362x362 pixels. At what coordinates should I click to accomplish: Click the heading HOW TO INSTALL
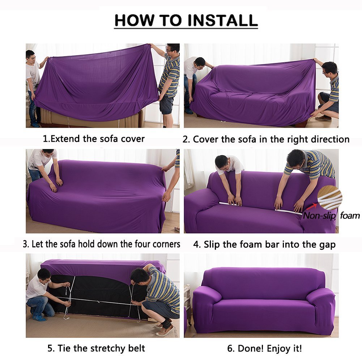(186, 21)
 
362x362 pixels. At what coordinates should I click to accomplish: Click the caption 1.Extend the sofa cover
(94, 139)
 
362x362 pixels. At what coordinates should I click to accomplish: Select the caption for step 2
(266, 139)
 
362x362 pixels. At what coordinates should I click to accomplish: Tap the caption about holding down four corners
(101, 244)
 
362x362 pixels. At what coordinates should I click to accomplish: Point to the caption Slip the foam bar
(264, 244)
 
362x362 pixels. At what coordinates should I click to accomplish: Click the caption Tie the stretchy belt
(96, 348)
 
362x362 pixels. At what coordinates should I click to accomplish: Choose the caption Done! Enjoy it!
(264, 348)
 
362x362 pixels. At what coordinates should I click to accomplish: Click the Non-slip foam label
(331, 216)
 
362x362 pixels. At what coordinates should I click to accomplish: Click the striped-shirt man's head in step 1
(173, 49)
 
